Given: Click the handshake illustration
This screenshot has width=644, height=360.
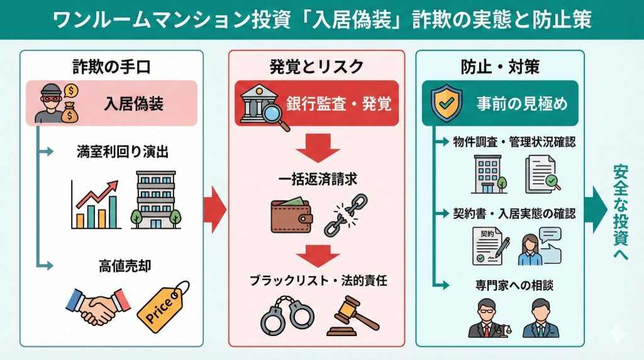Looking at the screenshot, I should click(97, 307).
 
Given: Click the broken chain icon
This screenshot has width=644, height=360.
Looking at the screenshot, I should click(345, 214).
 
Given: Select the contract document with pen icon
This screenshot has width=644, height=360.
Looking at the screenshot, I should click(487, 246).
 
